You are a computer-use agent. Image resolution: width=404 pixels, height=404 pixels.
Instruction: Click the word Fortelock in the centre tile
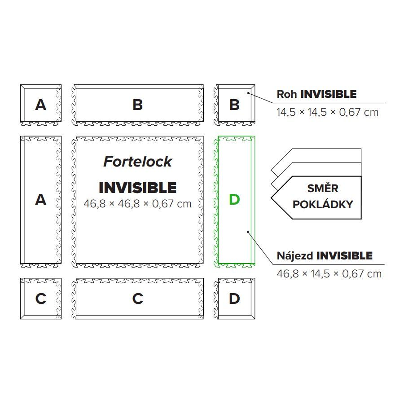coord(137,161)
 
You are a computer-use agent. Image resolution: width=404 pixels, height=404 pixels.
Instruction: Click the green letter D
coord(234,199)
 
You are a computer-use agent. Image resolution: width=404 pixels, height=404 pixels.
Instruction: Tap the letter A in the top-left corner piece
coord(41,105)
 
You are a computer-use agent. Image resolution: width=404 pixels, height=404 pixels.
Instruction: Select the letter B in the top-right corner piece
coord(234,105)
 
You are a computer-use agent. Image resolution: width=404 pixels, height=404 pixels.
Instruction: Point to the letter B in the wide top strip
coord(137,105)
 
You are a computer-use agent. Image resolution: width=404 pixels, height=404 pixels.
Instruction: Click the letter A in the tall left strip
coord(41,199)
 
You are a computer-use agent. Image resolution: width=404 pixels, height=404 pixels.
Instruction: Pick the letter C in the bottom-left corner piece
coord(41,299)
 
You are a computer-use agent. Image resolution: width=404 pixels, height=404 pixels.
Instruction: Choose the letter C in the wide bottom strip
coord(137,299)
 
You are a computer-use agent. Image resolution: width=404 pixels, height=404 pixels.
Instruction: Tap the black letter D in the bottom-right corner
coord(234,299)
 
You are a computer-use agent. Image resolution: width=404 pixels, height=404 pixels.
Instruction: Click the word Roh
coord(287,94)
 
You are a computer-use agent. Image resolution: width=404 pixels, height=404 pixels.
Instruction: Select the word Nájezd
coord(295,256)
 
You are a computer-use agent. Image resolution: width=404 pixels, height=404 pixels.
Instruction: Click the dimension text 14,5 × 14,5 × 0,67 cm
coord(327,112)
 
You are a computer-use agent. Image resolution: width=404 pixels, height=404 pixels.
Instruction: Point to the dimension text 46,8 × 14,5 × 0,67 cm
coord(329,273)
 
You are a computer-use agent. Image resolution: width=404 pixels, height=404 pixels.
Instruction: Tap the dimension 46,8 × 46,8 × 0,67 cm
coord(137,204)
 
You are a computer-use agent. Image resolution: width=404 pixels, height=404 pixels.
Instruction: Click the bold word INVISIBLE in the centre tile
coord(137,188)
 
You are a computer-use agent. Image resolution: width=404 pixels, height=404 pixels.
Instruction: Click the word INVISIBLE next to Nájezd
coord(344,256)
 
